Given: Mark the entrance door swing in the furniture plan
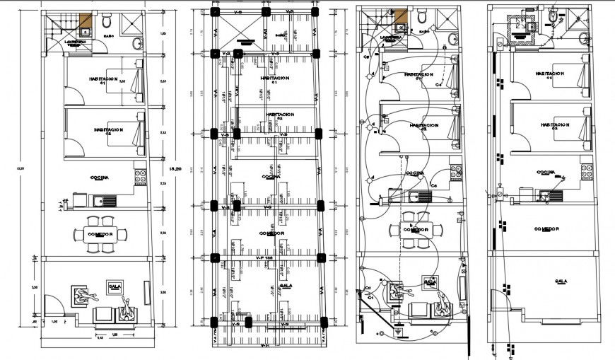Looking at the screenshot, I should click(x=55, y=305).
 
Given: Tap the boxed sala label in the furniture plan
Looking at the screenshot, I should click(x=114, y=286).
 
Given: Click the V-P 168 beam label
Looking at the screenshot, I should click(x=265, y=259).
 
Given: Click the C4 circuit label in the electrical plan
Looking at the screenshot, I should click(x=438, y=85).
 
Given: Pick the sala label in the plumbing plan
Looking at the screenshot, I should click(x=561, y=281).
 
